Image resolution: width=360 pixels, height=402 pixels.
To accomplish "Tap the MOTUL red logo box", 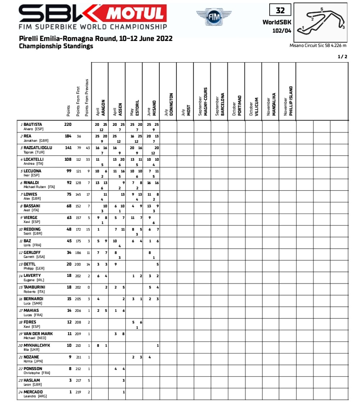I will point(136,14).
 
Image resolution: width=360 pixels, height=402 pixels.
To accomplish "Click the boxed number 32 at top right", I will point(280,10).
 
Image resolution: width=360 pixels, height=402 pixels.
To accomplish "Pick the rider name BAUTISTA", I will point(33,125).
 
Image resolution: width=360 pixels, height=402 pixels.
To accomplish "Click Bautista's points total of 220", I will point(68,125).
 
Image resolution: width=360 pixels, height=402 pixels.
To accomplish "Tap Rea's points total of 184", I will point(68,136).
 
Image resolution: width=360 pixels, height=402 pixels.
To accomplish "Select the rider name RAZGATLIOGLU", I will point(38,148).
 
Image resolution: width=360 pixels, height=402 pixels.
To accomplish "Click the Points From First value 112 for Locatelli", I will point(79,159).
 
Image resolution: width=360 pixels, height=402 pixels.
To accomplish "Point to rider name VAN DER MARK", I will point(38,334).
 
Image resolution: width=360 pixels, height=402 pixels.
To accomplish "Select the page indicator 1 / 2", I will point(342,57).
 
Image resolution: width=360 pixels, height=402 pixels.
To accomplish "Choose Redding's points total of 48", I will point(69,229).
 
